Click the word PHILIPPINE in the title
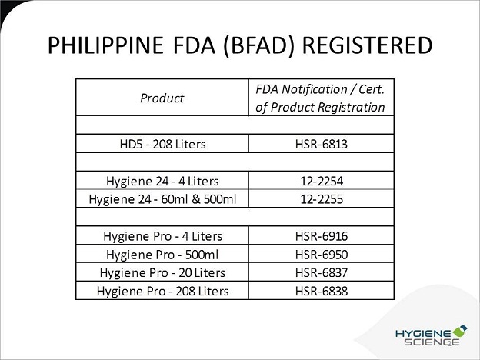click(105, 45)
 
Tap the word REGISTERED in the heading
click(367, 45)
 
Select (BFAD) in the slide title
click(259, 46)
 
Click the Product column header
click(162, 98)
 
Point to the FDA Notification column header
click(320, 98)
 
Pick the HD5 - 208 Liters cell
click(162, 144)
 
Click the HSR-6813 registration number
click(322, 144)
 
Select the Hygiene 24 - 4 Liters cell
click(162, 182)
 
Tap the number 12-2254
click(322, 182)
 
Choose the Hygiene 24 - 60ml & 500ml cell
click(162, 199)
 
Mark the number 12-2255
click(322, 199)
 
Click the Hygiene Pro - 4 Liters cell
click(162, 236)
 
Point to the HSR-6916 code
click(322, 236)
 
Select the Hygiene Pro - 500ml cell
click(162, 255)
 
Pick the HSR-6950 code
click(322, 255)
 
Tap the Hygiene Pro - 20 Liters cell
click(162, 273)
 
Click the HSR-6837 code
click(322, 272)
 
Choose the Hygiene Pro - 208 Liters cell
click(162, 291)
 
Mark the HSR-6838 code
click(322, 291)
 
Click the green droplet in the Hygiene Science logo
click(460, 331)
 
